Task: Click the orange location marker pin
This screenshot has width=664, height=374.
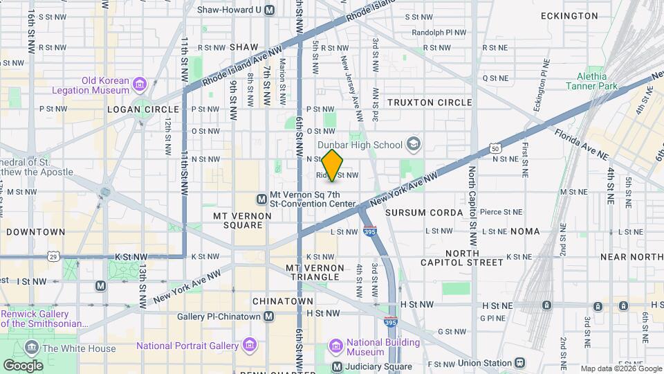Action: coord(333,166)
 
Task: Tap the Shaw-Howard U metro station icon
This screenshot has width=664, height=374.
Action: coord(269,10)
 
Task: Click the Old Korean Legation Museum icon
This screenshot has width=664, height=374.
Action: coord(140,84)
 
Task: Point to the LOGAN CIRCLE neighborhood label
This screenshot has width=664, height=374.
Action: coord(134,109)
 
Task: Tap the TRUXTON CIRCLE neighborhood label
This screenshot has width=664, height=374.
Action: coord(430,103)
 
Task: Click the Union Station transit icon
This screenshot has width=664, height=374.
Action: coord(519,362)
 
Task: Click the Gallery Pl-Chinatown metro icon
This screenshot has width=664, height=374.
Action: coord(269,317)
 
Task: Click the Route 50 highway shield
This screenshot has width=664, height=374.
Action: coord(495,148)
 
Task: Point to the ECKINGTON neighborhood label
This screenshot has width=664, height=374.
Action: coord(569,16)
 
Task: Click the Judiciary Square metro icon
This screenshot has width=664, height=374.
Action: coord(337,366)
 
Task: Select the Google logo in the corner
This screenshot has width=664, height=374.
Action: coord(23,365)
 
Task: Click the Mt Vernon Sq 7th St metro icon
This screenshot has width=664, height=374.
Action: coord(261,199)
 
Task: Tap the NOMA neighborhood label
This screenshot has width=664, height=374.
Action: coord(525,231)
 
